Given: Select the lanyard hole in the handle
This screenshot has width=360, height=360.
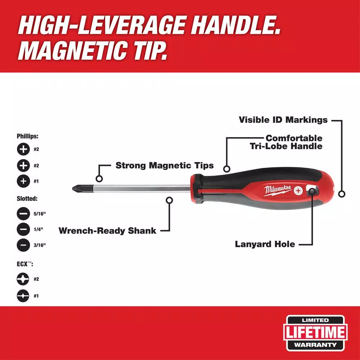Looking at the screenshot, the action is click(312, 191).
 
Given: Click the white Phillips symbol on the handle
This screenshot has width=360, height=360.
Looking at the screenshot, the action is click(298, 190).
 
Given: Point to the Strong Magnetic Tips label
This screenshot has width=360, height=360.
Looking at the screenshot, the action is click(165, 165).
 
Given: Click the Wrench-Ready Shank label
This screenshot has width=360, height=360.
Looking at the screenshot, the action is click(107, 230).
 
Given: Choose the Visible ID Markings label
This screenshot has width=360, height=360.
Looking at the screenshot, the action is click(283, 120).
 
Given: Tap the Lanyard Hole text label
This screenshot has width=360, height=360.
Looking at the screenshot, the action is click(265, 244).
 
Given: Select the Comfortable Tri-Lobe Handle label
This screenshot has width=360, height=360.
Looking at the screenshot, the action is click(286, 142).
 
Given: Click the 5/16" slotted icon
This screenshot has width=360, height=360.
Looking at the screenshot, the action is click(23, 213).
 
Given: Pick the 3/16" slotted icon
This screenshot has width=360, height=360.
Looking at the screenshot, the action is click(23, 245).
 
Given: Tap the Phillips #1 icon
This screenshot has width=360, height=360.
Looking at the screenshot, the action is click(23, 181).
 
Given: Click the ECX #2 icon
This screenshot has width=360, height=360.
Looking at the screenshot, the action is click(23, 279).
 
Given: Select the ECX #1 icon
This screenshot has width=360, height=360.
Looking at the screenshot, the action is click(23, 296).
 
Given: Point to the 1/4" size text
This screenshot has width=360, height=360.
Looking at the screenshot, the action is click(39, 229).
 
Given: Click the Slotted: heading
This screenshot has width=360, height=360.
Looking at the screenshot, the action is click(27, 199).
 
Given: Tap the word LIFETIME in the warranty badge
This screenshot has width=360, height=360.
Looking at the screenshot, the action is click(315, 332).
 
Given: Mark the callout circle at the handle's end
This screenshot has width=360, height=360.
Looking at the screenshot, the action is click(342, 194).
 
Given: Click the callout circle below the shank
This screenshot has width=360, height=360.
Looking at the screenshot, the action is click(170, 200).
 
